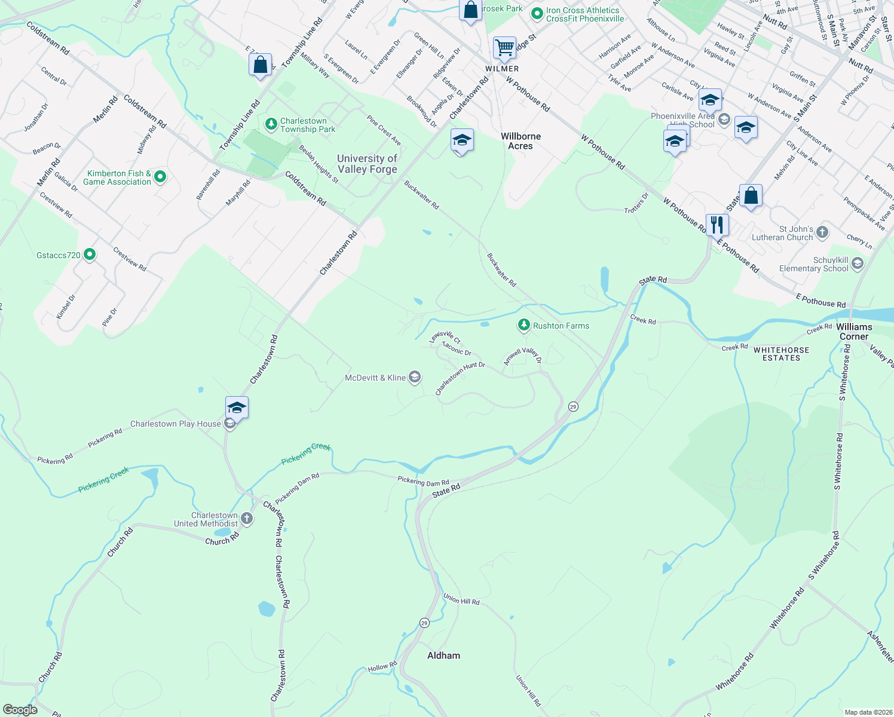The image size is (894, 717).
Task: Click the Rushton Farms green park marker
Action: click(x=524, y=325)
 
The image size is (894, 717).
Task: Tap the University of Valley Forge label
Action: click(x=367, y=164)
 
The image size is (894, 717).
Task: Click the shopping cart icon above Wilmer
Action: click(x=504, y=47)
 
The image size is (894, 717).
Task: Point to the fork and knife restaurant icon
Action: click(x=717, y=225)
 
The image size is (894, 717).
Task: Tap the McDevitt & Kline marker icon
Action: click(x=415, y=377)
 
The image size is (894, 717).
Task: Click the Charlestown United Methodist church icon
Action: click(x=247, y=519)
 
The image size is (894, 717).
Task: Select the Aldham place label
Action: click(x=443, y=655)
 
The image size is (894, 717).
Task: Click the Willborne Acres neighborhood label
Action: click(x=521, y=141)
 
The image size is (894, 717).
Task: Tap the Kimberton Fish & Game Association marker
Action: click(x=160, y=177)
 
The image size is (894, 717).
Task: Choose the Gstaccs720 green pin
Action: click(x=90, y=255)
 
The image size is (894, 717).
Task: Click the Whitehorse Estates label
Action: click(x=781, y=354)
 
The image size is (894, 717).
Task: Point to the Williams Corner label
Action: click(x=854, y=332)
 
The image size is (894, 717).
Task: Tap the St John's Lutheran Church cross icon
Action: click(x=822, y=232)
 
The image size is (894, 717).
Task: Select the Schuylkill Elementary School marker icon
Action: click(x=858, y=263)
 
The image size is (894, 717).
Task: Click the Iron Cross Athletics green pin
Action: click(x=537, y=13)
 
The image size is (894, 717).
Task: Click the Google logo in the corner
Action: click(x=20, y=709)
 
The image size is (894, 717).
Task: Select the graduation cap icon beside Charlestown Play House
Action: click(x=237, y=407)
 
